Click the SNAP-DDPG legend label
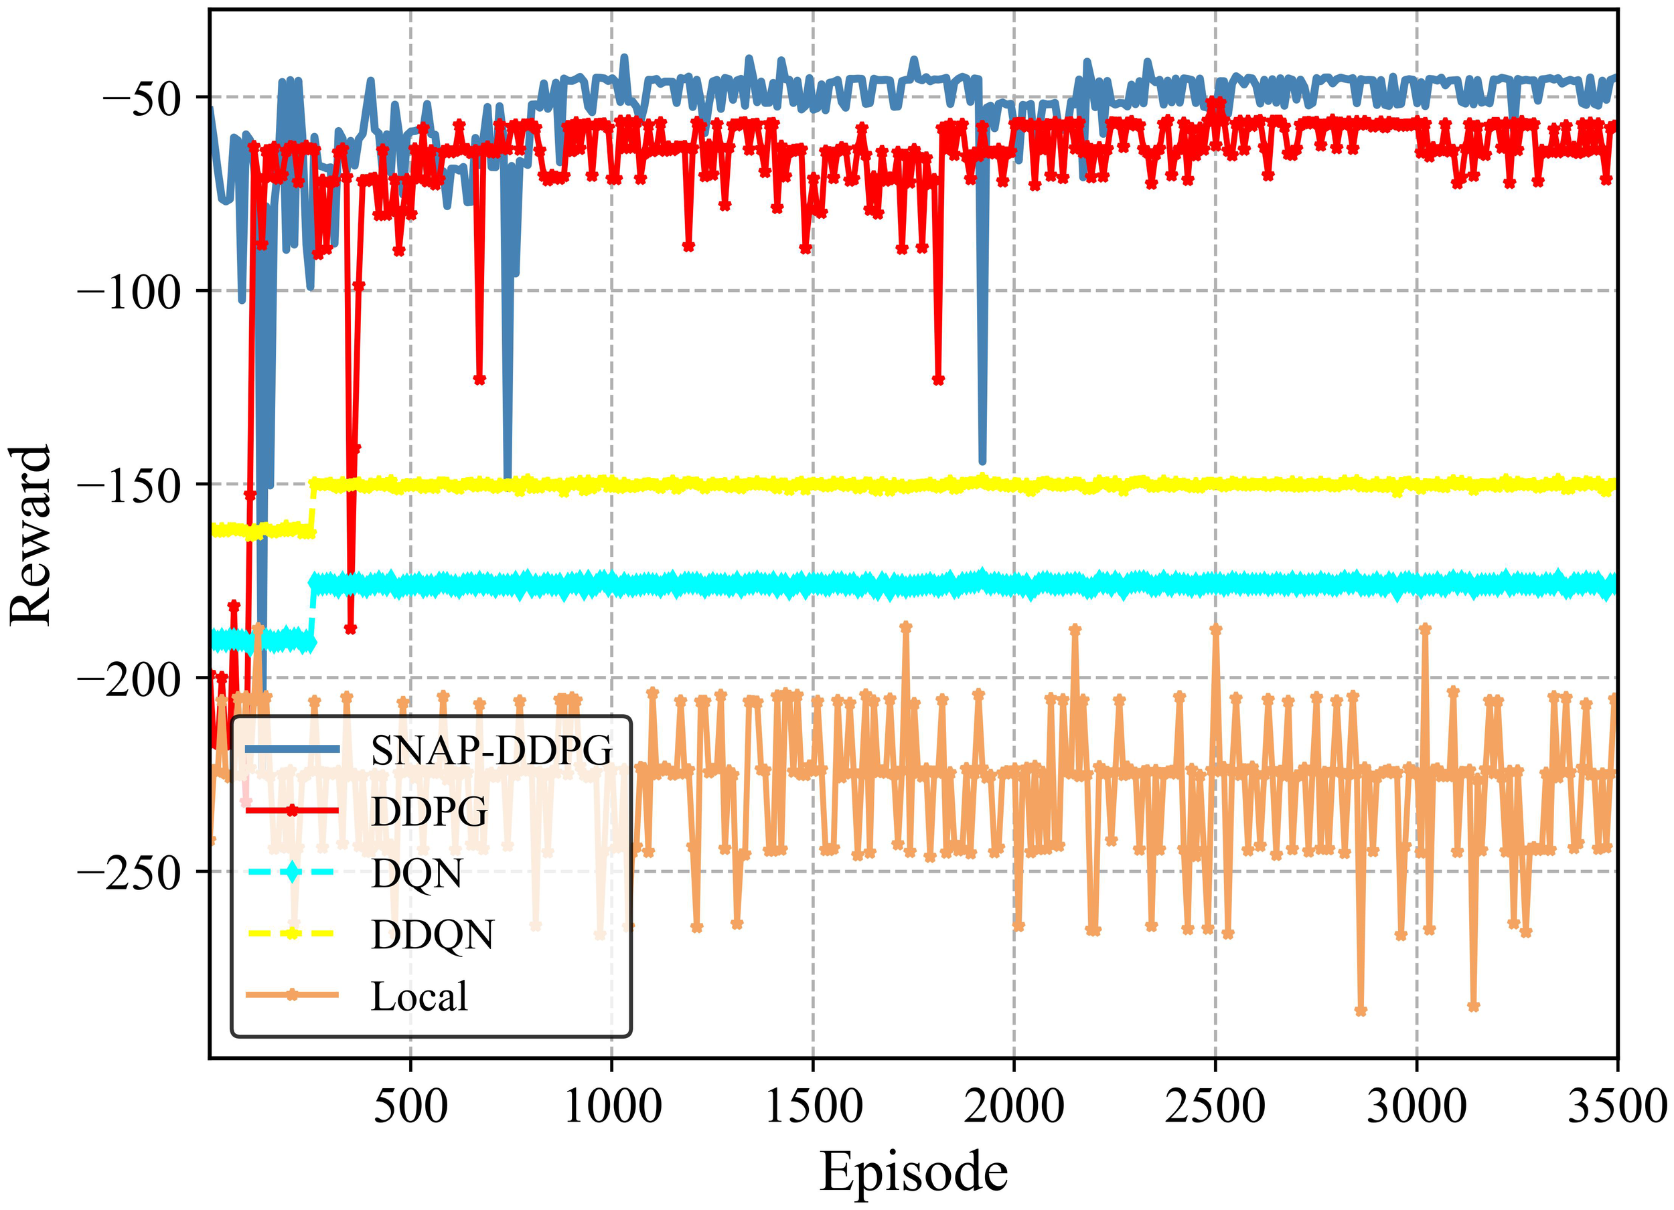pyautogui.click(x=491, y=750)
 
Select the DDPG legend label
pyautogui.click(x=429, y=812)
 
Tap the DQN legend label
pyautogui.click(x=416, y=873)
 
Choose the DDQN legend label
pyautogui.click(x=433, y=935)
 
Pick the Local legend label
pyautogui.click(x=418, y=997)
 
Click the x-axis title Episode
pyautogui.click(x=913, y=1172)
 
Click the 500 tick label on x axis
pyautogui.click(x=410, y=1107)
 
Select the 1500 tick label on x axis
pyautogui.click(x=814, y=1107)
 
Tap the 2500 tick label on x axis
pyautogui.click(x=1215, y=1107)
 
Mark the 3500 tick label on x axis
pyautogui.click(x=1616, y=1107)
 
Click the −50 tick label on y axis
pyautogui.click(x=140, y=98)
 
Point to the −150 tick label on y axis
pyautogui.click(x=129, y=485)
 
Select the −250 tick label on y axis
pyautogui.click(x=129, y=872)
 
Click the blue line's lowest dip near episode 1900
pyautogui.click(x=982, y=461)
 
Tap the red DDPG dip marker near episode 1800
pyautogui.click(x=938, y=380)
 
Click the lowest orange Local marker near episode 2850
pyautogui.click(x=1361, y=1011)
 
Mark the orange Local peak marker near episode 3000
pyautogui.click(x=1426, y=628)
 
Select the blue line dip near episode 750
pyautogui.click(x=507, y=476)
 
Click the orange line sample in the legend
pyautogui.click(x=293, y=995)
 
